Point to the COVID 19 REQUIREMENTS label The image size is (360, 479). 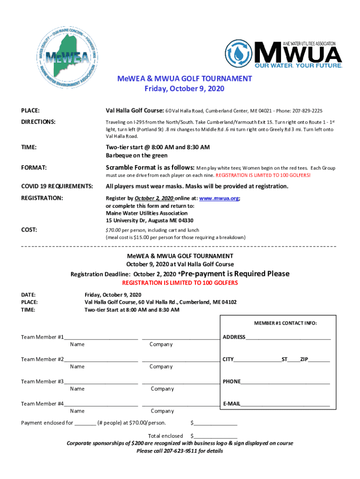[57, 186]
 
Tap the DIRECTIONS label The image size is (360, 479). [39, 122]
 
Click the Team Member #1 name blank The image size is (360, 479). [101, 337]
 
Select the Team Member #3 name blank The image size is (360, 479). [101, 381]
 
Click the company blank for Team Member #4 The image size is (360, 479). [180, 404]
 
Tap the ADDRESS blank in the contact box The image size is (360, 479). [288, 337]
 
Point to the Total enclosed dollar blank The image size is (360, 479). [216, 436]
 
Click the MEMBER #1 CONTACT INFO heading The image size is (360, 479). [285, 323]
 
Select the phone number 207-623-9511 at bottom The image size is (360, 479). [180, 451]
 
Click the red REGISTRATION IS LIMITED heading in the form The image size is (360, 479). [180, 283]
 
